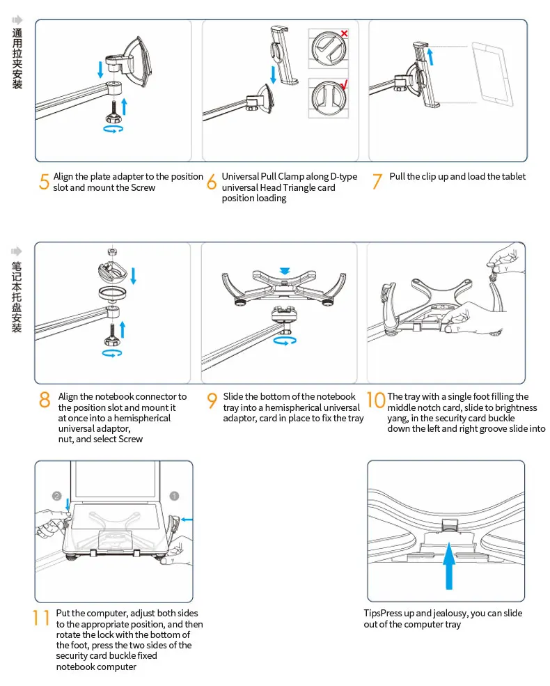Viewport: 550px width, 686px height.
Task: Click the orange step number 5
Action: [44, 182]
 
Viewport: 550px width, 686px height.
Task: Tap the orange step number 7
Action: [377, 181]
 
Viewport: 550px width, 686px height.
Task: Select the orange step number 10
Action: [376, 400]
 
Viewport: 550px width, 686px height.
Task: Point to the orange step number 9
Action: [212, 400]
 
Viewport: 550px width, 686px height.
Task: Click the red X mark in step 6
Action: [344, 33]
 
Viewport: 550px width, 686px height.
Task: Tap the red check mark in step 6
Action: [344, 84]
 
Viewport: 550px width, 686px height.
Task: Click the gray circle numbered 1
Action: [174, 496]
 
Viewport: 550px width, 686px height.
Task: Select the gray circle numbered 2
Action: [57, 496]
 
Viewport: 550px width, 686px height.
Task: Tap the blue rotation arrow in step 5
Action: [113, 129]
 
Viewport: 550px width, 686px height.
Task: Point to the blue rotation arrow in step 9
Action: [285, 341]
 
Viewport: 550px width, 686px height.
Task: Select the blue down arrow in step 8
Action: [134, 276]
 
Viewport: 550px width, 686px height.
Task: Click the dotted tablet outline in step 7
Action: [493, 74]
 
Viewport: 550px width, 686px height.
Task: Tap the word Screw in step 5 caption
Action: [143, 187]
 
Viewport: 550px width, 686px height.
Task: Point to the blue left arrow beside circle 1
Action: [187, 520]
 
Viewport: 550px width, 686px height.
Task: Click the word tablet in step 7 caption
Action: [514, 176]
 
